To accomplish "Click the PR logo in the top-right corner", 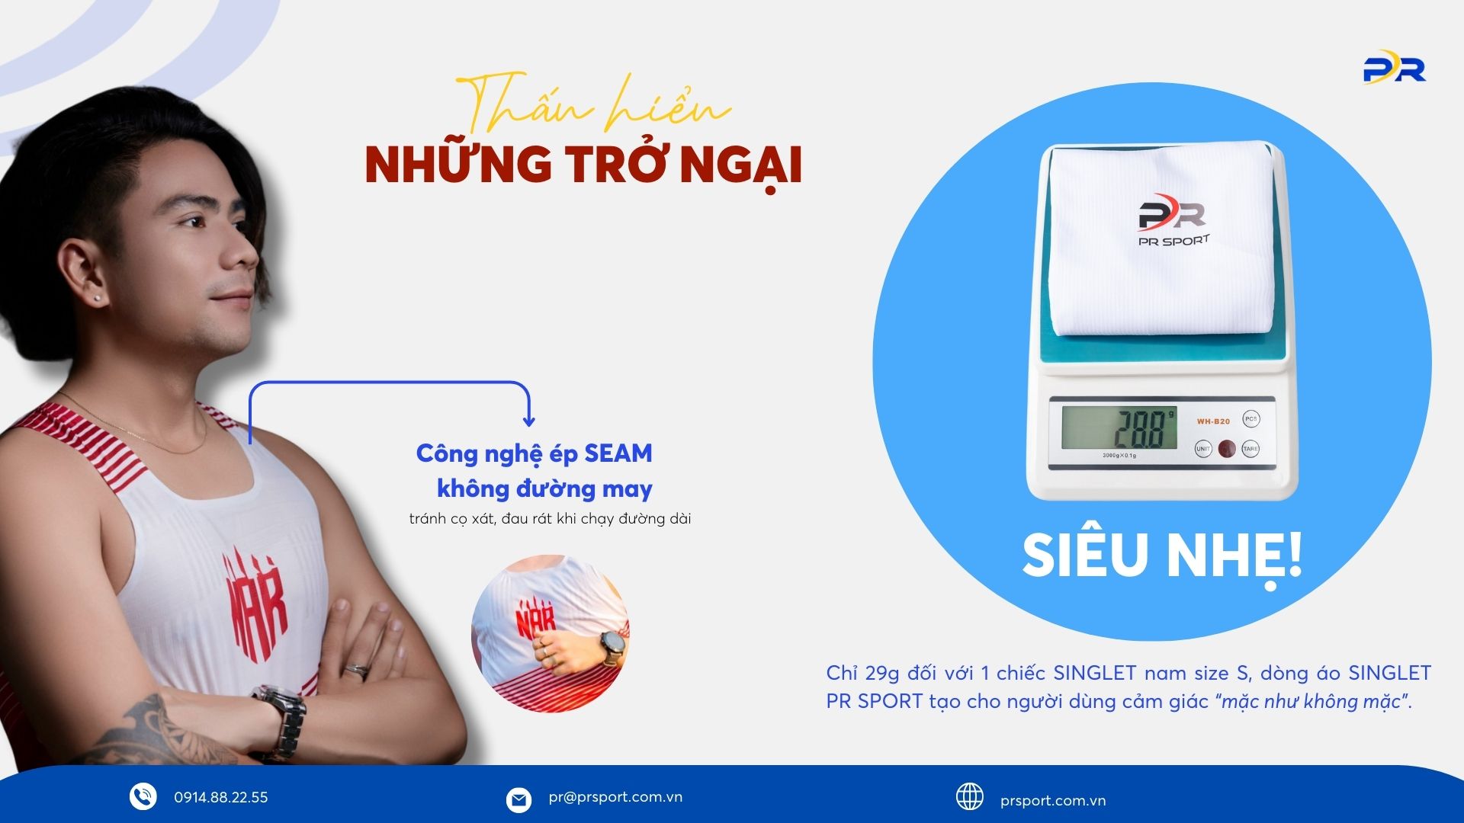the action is (1395, 67).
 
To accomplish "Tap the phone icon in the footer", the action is (143, 796).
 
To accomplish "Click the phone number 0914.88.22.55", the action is (221, 797).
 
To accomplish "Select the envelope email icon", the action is (518, 800).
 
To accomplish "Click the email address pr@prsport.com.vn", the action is (615, 797).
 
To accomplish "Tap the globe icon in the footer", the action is (970, 797).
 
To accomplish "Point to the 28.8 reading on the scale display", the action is (1141, 429).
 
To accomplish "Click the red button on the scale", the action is (1226, 449).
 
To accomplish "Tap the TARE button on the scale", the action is (1250, 449).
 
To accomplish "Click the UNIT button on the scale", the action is (1202, 449).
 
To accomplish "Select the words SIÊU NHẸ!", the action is (1162, 556).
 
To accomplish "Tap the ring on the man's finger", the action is (357, 670).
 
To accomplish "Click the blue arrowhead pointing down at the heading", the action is (528, 420).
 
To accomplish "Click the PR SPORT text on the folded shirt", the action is (1174, 242).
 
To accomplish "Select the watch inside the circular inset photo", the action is (612, 647).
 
